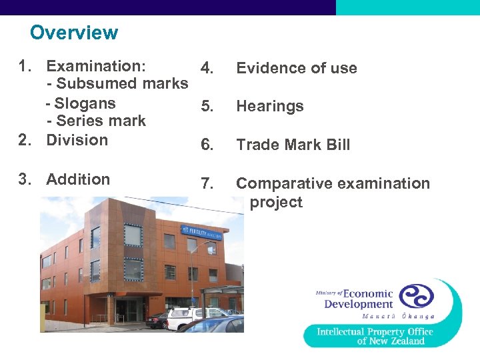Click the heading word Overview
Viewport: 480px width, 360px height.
[74, 33]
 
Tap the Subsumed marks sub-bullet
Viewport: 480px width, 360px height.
[117, 84]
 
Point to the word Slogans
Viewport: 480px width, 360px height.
[85, 104]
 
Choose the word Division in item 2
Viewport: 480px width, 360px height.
[77, 140]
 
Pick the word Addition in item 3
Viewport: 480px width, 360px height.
[78, 179]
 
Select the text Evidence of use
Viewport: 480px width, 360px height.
[297, 68]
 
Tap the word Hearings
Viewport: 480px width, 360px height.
[270, 107]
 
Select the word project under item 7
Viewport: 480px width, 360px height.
[276, 203]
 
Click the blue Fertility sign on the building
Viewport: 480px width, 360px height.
[204, 230]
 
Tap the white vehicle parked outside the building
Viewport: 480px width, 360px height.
[193, 317]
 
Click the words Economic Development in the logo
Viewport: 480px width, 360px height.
[359, 299]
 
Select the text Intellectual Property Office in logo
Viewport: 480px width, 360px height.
[375, 332]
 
